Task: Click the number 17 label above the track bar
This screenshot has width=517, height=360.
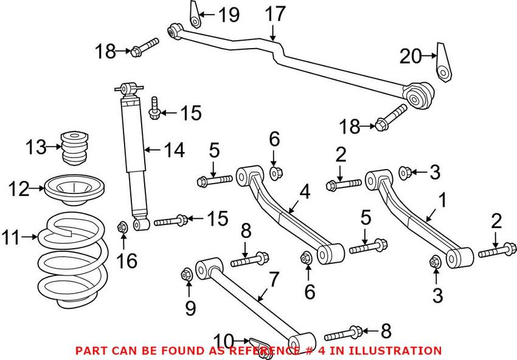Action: pyautogui.click(x=275, y=13)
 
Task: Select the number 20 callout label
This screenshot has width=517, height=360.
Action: pyautogui.click(x=410, y=57)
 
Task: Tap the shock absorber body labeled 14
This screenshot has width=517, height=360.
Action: pyautogui.click(x=133, y=158)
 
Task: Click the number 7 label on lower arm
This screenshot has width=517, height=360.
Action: pyautogui.click(x=274, y=280)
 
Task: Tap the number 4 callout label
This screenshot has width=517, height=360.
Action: pyautogui.click(x=304, y=192)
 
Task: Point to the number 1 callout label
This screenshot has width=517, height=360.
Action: pyautogui.click(x=443, y=199)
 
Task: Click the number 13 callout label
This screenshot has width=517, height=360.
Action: pyautogui.click(x=36, y=147)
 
